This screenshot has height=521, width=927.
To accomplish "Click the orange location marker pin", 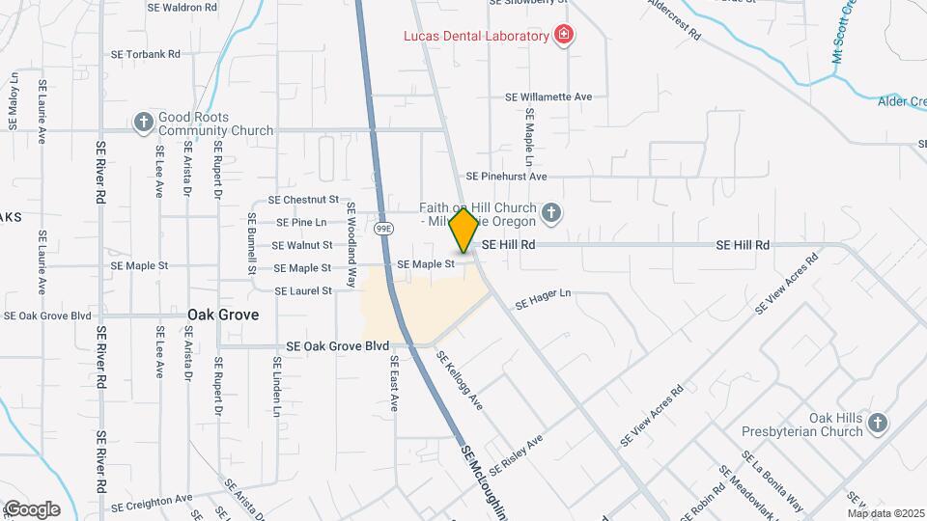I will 463,231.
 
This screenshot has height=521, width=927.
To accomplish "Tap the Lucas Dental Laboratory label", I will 476,37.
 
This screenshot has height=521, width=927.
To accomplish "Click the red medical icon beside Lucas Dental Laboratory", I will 564,37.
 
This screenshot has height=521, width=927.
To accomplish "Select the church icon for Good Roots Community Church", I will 144,122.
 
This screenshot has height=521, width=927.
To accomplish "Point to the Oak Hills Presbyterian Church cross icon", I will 877,423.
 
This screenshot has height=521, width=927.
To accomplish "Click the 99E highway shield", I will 383,229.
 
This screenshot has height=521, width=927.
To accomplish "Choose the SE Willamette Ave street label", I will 548,97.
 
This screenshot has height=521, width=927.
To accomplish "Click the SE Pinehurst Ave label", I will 506,177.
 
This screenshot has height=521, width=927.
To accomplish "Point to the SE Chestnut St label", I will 303,200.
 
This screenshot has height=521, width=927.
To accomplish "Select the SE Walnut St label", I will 302,246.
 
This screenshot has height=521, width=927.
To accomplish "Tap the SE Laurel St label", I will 303,290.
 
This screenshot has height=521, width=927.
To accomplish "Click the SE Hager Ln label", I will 543,300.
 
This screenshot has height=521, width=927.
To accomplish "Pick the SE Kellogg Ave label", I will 459,379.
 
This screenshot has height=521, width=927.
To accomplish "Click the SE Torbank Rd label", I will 146,55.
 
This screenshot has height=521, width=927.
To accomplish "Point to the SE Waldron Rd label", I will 182,7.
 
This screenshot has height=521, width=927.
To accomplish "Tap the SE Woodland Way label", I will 351,245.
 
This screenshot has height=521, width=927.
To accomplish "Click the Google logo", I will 32,509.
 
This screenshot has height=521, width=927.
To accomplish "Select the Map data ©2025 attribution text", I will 885,513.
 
